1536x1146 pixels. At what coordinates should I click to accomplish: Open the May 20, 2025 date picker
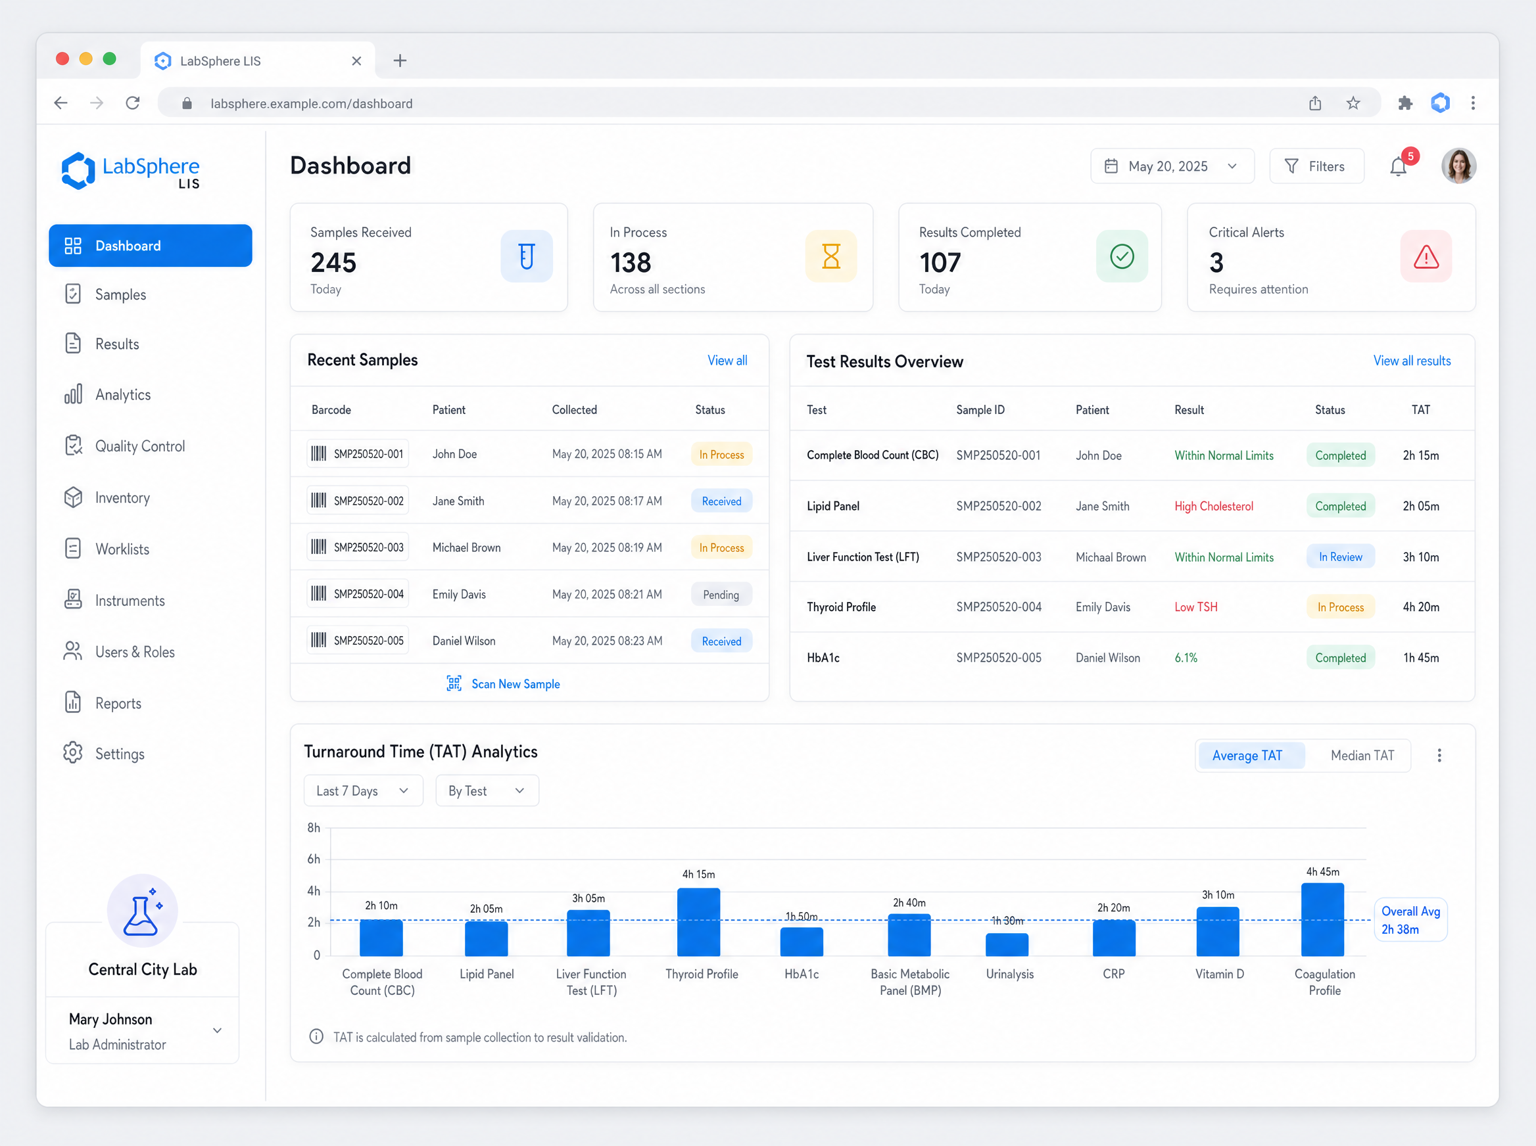tap(1172, 166)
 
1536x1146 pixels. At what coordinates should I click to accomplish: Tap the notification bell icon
tap(1399, 166)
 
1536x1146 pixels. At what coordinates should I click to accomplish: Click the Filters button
tap(1316, 166)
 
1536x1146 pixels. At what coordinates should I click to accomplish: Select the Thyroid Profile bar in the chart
tap(698, 922)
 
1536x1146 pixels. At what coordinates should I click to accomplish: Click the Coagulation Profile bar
tap(1322, 919)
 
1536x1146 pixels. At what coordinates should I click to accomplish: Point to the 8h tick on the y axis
tap(314, 827)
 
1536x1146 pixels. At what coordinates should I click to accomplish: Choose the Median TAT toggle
tap(1362, 756)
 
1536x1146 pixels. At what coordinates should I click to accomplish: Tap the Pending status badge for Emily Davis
tap(721, 595)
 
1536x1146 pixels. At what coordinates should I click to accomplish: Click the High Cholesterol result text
tap(1214, 507)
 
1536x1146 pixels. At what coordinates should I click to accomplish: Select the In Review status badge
tap(1340, 557)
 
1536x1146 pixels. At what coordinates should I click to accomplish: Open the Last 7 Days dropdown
tap(363, 791)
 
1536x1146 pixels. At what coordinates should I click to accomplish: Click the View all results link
tap(1412, 361)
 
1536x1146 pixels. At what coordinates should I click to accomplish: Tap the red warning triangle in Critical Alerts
tap(1426, 257)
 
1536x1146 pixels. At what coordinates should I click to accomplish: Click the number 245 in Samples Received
tap(333, 262)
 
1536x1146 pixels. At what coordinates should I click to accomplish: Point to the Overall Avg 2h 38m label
tap(1410, 920)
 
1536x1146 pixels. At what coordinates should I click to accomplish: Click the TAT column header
tap(1420, 410)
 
